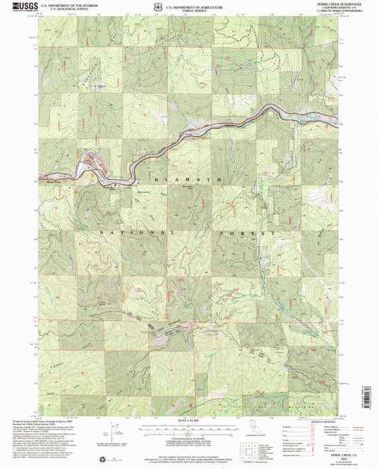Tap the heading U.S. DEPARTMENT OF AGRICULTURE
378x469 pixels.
coord(200,5)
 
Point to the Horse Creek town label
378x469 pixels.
coord(52,179)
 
